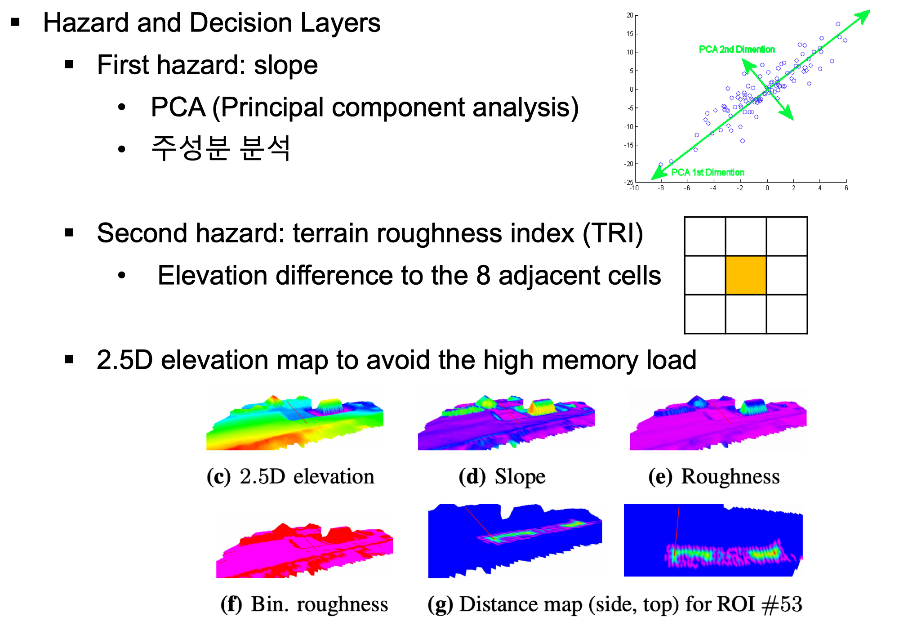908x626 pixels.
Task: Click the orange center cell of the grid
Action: point(746,275)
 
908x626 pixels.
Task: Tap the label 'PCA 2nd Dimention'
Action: point(737,49)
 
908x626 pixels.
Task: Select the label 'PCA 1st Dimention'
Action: point(708,172)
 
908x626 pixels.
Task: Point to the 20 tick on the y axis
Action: point(630,15)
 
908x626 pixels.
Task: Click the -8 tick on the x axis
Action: point(661,188)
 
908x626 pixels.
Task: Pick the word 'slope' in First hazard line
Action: point(286,66)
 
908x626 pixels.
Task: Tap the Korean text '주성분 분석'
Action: point(220,148)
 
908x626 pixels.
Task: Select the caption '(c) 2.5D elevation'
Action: point(290,477)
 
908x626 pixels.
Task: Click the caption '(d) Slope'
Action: point(502,477)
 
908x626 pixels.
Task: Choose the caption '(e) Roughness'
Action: point(714,477)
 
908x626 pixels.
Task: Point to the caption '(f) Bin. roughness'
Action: point(304,604)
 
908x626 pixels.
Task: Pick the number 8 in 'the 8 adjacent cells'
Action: point(483,276)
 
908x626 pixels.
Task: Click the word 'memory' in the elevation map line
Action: point(587,360)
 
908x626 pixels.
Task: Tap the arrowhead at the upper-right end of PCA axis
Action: point(864,15)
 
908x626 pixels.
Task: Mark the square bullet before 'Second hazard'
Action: point(69,233)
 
